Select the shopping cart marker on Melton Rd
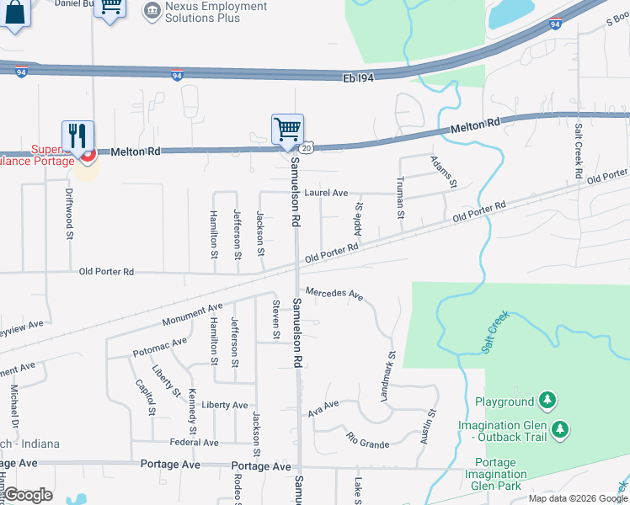(x=287, y=130)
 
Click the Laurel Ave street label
(x=326, y=193)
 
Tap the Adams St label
(x=443, y=172)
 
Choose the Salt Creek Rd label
(x=579, y=151)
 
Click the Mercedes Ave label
(x=334, y=295)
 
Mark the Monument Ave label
(x=193, y=315)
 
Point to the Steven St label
(x=276, y=319)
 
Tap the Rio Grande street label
(x=368, y=440)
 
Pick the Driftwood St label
(x=69, y=213)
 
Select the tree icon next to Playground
(x=548, y=401)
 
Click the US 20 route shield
(x=307, y=147)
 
